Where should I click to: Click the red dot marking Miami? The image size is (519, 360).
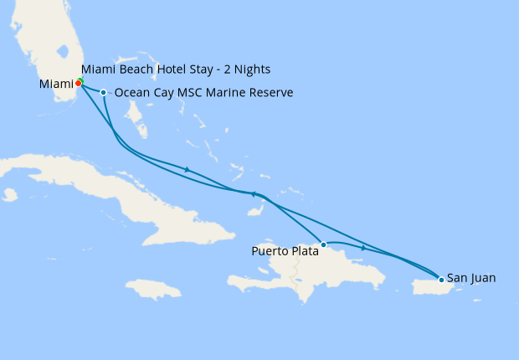click(x=78, y=83)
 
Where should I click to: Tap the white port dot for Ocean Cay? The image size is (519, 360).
click(x=103, y=92)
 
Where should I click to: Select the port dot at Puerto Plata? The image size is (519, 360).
click(x=323, y=244)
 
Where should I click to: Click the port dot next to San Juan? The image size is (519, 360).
click(x=441, y=279)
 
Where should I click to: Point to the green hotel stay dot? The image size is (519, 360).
click(x=80, y=80)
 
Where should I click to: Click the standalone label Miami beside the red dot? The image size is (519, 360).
click(x=56, y=84)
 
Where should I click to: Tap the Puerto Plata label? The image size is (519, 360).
click(x=285, y=250)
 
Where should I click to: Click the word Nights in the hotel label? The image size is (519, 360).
click(x=253, y=69)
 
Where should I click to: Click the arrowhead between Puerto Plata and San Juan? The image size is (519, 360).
click(x=363, y=248)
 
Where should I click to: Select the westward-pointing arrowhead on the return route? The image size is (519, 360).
click(x=253, y=194)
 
